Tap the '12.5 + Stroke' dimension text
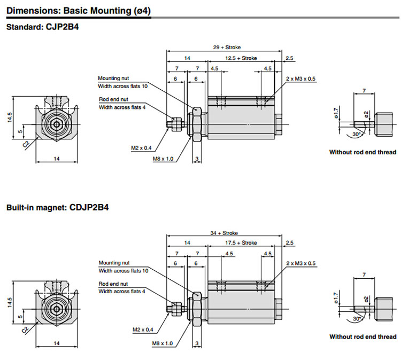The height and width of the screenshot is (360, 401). [x=241, y=58]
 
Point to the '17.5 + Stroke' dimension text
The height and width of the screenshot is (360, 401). [x=241, y=242]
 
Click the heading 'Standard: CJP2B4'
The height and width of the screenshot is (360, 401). [x=42, y=27]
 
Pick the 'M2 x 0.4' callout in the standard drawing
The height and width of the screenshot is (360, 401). [x=142, y=147]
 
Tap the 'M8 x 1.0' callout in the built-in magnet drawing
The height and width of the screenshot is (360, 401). [x=163, y=343]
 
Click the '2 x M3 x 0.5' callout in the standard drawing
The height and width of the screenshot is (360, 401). [x=301, y=79]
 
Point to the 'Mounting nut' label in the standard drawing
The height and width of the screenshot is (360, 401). [x=113, y=79]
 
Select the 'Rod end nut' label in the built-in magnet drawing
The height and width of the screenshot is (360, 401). [x=113, y=284]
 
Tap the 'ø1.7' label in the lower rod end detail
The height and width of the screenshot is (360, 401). [x=336, y=298]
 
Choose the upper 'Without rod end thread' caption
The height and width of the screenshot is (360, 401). [x=363, y=152]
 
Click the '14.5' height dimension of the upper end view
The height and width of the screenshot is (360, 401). [x=10, y=118]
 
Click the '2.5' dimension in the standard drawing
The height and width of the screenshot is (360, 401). [x=289, y=58]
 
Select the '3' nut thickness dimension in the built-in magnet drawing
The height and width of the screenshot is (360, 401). [x=197, y=343]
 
